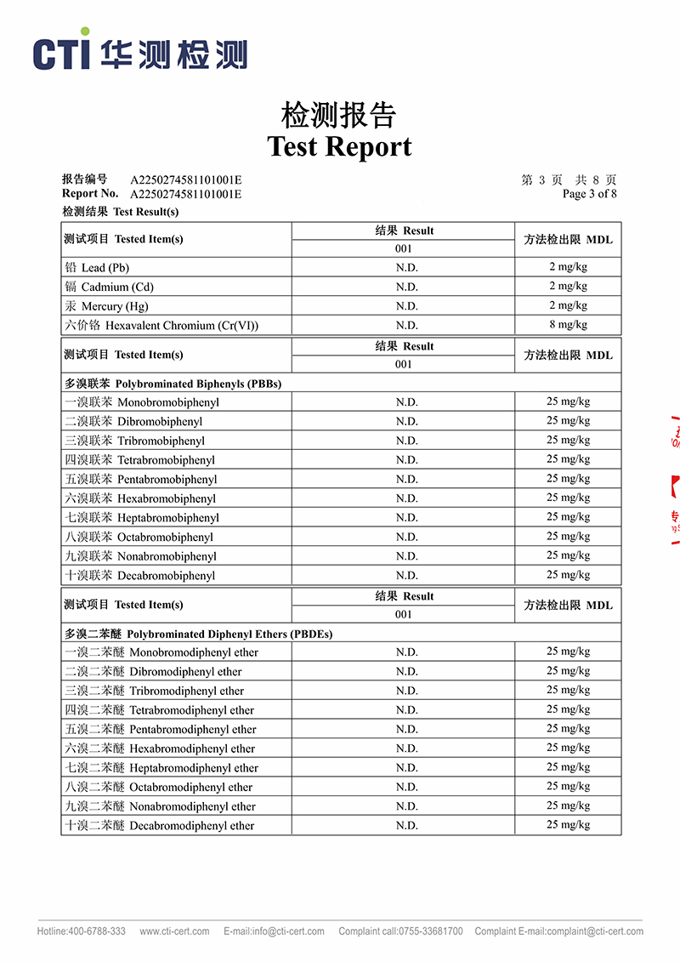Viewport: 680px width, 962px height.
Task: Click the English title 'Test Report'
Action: pos(339,146)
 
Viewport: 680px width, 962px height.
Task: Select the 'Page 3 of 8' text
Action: pos(589,194)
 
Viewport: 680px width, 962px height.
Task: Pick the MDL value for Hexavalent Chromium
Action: pos(568,325)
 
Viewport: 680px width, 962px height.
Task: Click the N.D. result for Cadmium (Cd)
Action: pos(406,287)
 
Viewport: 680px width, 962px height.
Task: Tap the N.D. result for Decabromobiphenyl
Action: pos(406,575)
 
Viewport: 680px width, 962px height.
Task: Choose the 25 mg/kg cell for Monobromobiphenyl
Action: pos(568,401)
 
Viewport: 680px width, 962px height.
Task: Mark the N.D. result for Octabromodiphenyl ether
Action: pos(406,787)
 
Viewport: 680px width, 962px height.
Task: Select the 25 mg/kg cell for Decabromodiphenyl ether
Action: pos(568,825)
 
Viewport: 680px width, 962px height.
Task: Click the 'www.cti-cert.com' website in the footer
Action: pos(174,931)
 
